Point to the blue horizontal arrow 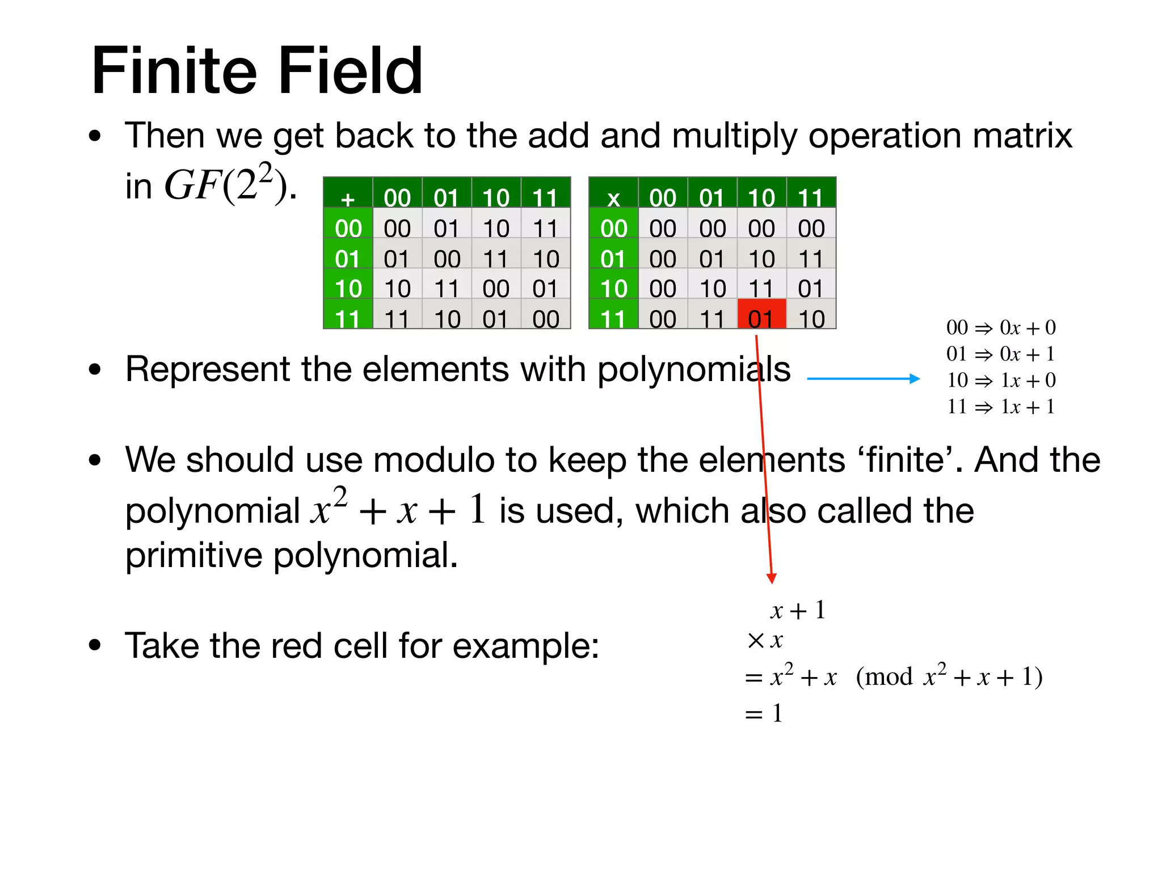point(862,379)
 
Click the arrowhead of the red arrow point(771,578)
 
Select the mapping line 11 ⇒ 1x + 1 point(1001,407)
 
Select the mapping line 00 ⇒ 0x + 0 point(1001,328)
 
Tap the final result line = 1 point(764,713)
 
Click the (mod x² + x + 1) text point(949,676)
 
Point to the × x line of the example point(765,641)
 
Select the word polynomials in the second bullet point(693,370)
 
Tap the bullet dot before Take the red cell point(95,645)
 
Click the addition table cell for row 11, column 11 point(545,319)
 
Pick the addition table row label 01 point(348,259)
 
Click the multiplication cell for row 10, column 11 point(811,289)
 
